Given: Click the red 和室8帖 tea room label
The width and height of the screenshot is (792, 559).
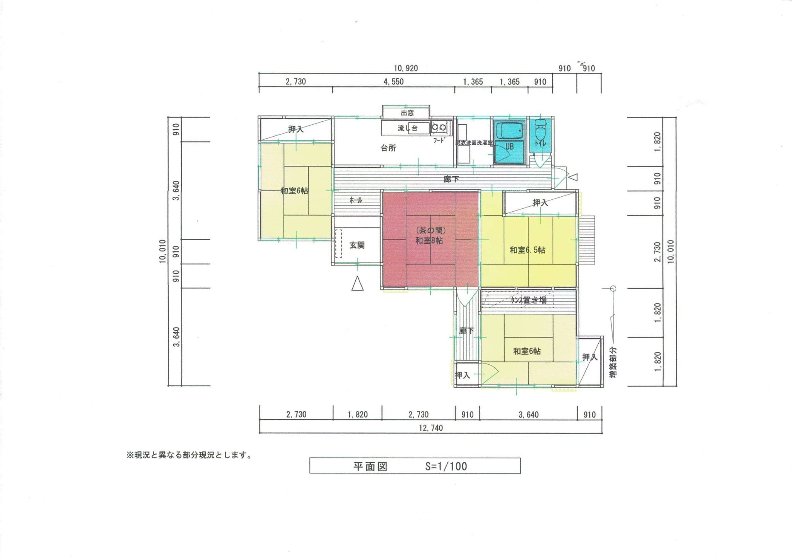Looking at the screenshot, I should coord(429,240).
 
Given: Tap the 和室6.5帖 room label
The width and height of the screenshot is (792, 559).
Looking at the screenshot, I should coord(527,250).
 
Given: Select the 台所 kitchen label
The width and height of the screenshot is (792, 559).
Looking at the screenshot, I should coord(388,148).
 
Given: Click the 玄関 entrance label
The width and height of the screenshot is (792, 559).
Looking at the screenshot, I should coord(357,245).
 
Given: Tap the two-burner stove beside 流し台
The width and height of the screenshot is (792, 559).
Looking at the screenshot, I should coord(439,127).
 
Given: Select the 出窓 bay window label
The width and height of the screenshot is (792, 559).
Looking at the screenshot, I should coord(407,113).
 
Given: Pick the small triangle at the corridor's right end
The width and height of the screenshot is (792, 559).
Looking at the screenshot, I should coord(574,177).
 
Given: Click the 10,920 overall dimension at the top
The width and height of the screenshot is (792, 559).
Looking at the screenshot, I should coord(406,69).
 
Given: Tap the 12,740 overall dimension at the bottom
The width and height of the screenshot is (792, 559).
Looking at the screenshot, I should coord(430,428).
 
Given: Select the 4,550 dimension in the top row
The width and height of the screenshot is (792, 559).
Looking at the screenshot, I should coord(393,82).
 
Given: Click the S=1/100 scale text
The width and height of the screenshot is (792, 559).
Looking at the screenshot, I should coord(446,466).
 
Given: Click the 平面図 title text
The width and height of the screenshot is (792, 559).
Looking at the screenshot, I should coord(370,466).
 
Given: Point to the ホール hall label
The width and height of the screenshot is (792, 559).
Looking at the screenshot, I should coord(356,200).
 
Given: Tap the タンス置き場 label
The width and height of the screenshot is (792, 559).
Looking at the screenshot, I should coord(529,300).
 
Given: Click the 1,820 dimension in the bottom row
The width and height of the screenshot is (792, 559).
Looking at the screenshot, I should coord(357,415).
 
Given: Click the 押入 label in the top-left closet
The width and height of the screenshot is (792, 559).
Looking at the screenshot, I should coord(296,129).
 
